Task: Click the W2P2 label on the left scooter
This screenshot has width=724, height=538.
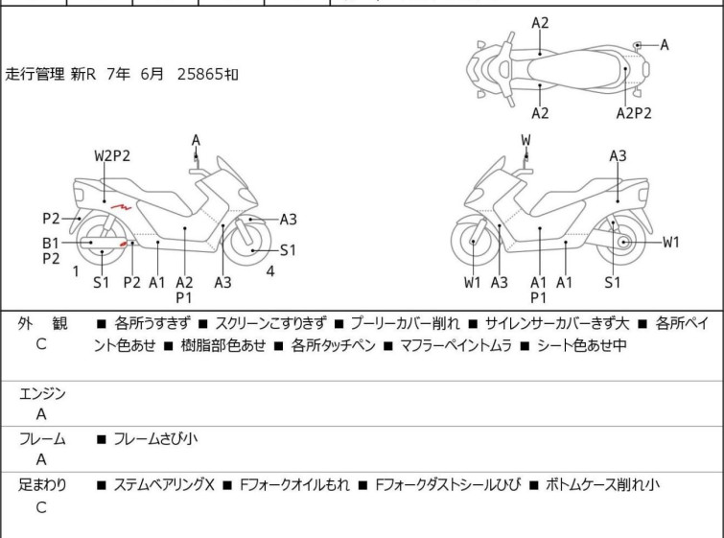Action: click(x=111, y=155)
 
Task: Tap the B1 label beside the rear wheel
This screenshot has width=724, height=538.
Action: click(x=50, y=242)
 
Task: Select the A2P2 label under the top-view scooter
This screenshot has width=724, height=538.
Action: click(x=633, y=113)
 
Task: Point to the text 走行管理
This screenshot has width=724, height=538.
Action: click(x=35, y=73)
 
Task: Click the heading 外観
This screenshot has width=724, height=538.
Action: click(x=42, y=324)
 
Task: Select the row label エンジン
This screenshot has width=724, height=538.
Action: click(x=42, y=393)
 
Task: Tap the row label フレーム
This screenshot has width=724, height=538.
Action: click(x=42, y=439)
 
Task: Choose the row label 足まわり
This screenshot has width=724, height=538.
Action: click(x=42, y=485)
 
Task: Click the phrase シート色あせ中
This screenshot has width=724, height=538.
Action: click(x=581, y=345)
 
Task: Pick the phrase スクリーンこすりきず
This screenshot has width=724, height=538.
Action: click(x=270, y=324)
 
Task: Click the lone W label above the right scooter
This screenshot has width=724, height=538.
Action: click(x=525, y=140)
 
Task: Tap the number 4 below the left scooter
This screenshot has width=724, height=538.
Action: click(x=270, y=270)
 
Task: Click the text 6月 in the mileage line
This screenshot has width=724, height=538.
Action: click(x=152, y=73)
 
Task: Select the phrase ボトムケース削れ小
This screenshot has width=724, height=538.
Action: click(x=602, y=485)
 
